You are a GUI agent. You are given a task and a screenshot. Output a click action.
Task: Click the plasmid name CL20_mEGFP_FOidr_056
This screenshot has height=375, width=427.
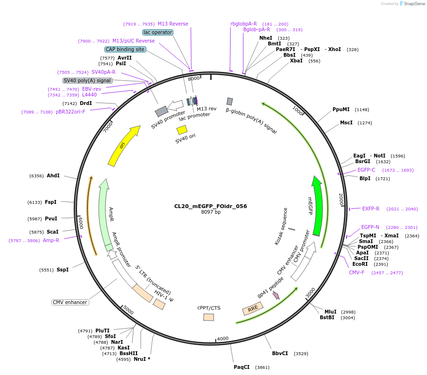(210, 206)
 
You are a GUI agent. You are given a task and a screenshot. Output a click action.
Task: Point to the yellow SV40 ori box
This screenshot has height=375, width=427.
(182, 129)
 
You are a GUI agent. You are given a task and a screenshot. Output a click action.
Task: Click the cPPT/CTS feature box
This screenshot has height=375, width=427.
(208, 317)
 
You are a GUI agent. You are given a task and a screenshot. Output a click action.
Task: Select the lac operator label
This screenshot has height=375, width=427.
(158, 32)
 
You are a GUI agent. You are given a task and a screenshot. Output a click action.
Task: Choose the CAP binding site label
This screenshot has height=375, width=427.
(125, 49)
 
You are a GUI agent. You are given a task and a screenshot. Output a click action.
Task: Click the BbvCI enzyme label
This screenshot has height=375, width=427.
(280, 353)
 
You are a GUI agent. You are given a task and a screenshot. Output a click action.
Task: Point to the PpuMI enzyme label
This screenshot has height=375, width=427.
(341, 109)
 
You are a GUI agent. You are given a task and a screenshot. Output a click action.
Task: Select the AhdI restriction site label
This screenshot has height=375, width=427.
(53, 175)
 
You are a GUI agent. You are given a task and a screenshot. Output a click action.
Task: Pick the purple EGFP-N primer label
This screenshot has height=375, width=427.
(370, 227)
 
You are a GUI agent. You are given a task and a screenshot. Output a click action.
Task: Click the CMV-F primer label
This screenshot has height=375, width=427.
(357, 272)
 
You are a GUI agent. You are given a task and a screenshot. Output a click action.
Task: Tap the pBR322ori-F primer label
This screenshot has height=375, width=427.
(70, 112)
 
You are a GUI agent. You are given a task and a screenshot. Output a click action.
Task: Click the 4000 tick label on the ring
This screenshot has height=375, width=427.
(222, 338)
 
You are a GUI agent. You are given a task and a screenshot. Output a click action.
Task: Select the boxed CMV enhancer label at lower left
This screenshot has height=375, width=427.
(69, 302)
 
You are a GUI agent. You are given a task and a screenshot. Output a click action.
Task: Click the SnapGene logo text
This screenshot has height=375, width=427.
(414, 4)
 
